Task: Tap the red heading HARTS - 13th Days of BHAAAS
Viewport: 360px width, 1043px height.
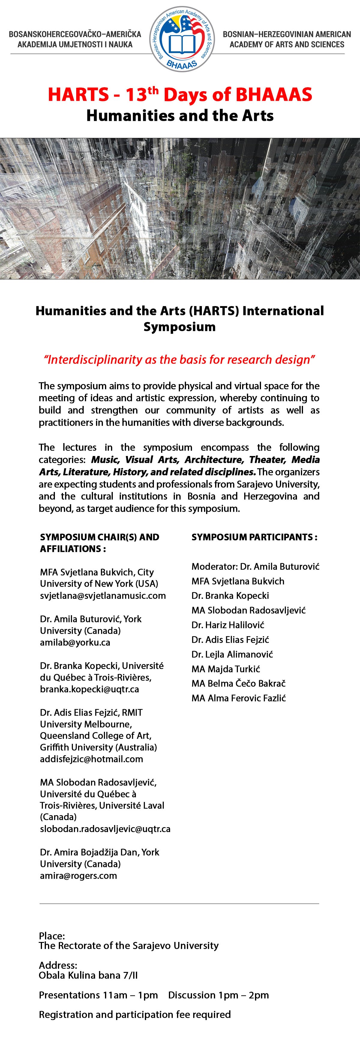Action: coord(180,95)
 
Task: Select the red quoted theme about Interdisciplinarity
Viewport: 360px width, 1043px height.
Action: coord(179,359)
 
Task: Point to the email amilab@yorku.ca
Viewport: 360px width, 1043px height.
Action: coord(75,642)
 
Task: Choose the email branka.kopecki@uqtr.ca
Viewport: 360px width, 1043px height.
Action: coord(89,689)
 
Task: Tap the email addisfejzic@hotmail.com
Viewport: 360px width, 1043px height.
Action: coord(91,759)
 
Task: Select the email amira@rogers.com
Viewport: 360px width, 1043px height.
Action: coord(79,875)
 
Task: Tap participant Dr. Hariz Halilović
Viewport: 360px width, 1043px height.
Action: coord(228,625)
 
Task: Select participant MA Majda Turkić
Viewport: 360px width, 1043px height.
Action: coord(226,669)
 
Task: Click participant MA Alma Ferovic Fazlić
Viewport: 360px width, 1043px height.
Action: coord(239,698)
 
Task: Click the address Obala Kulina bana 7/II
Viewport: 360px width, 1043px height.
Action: coord(88,975)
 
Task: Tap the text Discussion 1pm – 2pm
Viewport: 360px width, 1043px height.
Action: coord(219,995)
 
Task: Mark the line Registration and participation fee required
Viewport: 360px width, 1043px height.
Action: coord(135,1014)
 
